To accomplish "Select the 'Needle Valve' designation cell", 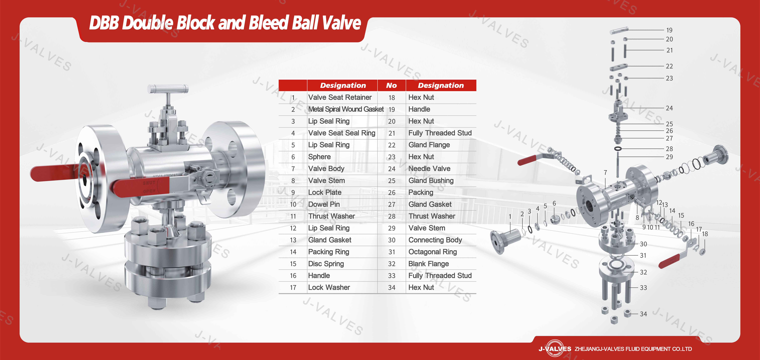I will tap(429, 169).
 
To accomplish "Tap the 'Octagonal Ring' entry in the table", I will tap(432, 252).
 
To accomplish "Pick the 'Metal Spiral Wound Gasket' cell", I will tap(346, 109).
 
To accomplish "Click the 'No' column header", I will tap(391, 85).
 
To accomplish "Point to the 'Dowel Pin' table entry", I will tap(324, 204).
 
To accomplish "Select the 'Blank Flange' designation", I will tap(428, 263).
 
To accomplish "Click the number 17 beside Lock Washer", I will tap(293, 287).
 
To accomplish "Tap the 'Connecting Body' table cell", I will tap(435, 240).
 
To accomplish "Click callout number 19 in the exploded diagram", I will tap(669, 30).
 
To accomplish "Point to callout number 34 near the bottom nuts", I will tap(643, 314).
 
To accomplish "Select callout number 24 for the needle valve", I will tap(669, 108).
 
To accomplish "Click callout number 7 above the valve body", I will tap(605, 172).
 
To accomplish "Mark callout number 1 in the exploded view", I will tap(510, 216).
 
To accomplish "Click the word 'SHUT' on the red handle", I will tap(149, 183).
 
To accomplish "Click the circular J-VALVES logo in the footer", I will tap(555, 349).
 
